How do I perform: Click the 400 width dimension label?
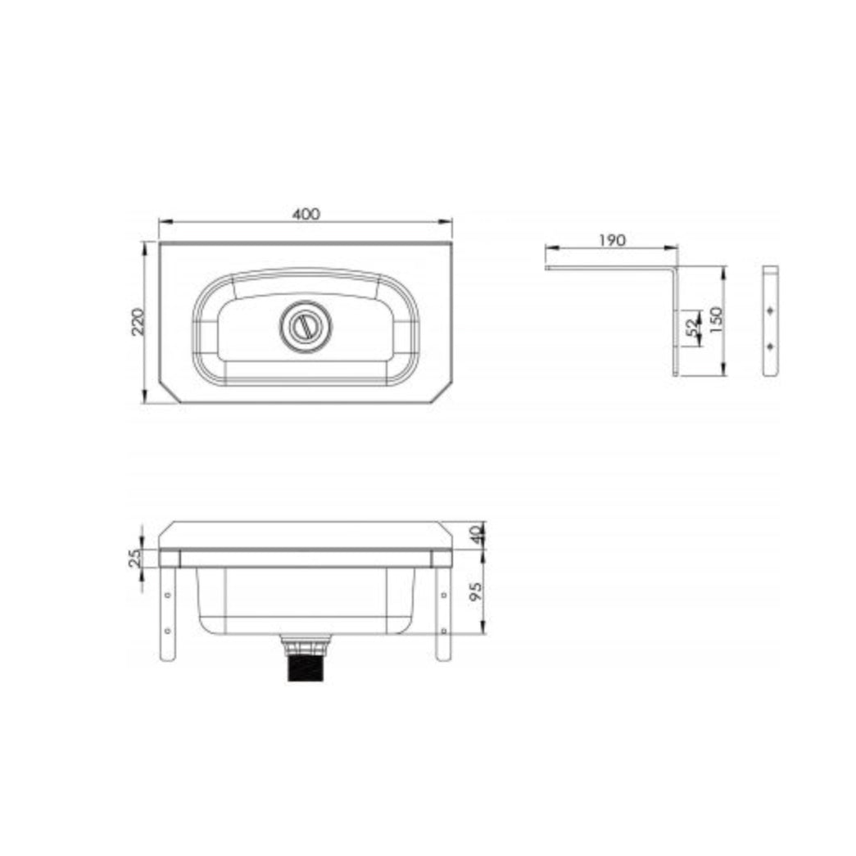pyautogui.click(x=306, y=214)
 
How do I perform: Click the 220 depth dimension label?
pyautogui.click(x=138, y=322)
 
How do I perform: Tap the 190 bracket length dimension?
pyautogui.click(x=613, y=240)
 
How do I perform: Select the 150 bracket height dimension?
pyautogui.click(x=716, y=320)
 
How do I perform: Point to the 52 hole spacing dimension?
pyautogui.click(x=692, y=328)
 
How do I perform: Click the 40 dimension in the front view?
pyautogui.click(x=477, y=534)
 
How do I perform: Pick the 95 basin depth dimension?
pyautogui.click(x=476, y=591)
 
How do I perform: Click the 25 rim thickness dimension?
pyautogui.click(x=135, y=558)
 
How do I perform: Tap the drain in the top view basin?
pyautogui.click(x=306, y=327)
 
